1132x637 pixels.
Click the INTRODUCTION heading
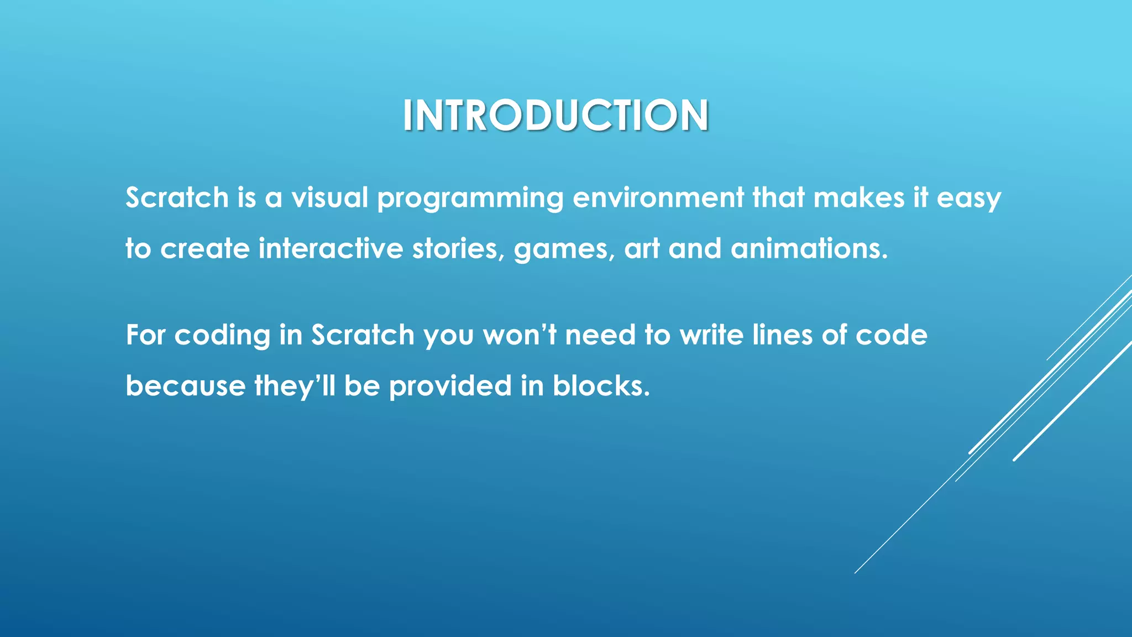click(x=555, y=116)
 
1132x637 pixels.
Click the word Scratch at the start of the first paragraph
click(x=177, y=197)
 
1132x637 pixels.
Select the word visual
click(x=329, y=197)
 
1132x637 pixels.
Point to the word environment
click(x=658, y=197)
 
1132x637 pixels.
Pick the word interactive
click(x=331, y=248)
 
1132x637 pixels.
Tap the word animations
click(x=809, y=248)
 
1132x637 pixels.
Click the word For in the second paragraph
click(x=145, y=335)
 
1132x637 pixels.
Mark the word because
click(x=185, y=385)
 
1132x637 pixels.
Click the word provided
click(x=450, y=387)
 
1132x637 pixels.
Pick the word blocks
click(x=601, y=385)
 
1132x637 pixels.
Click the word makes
click(x=858, y=197)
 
